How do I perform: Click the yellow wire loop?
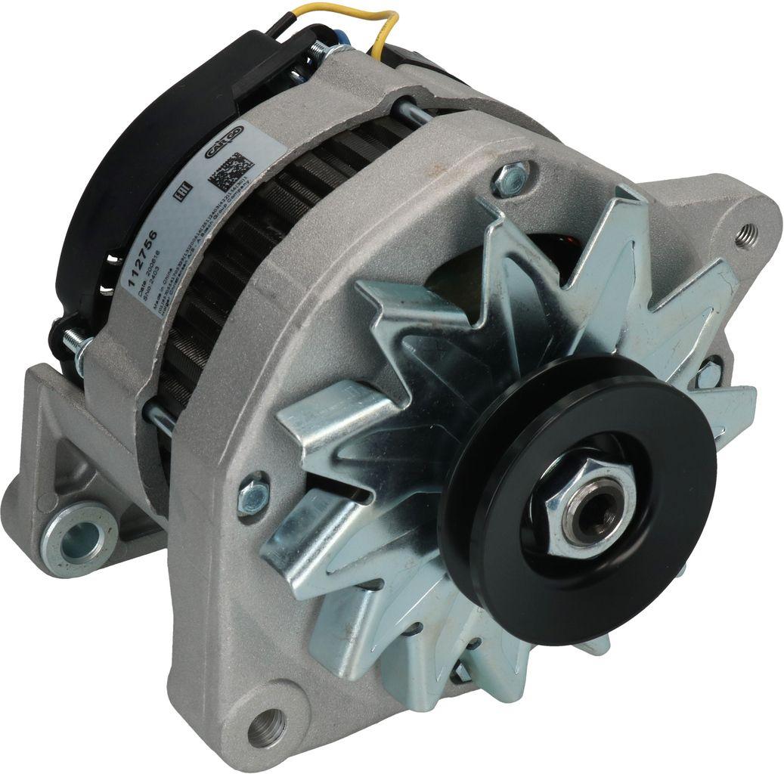coord(378,23)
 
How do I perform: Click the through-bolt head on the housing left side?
coord(253,495)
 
